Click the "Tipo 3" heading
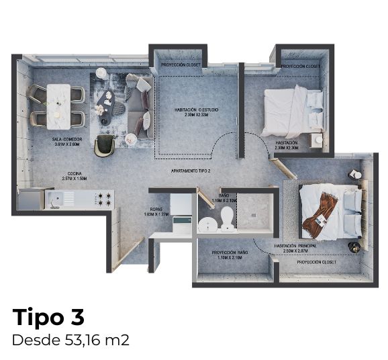click(x=48, y=316)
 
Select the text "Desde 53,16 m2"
click(x=70, y=340)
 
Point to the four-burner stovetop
click(x=104, y=198)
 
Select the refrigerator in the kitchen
click(x=30, y=199)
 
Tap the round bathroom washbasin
click(x=207, y=223)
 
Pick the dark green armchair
click(x=104, y=145)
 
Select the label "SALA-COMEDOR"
click(x=66, y=140)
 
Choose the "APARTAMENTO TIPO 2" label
click(x=191, y=171)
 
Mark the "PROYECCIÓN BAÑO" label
click(x=230, y=253)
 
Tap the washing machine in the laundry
click(x=181, y=223)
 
